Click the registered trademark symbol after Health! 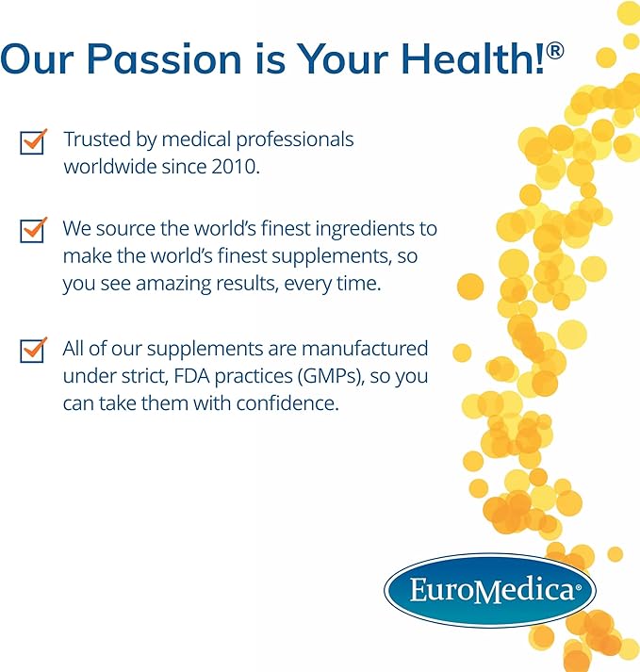(555, 49)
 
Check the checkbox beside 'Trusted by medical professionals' (33, 141)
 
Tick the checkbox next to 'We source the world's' (33, 229)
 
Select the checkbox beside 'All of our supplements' (33, 350)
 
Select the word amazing (159, 284)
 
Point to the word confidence (287, 403)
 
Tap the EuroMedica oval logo (489, 591)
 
